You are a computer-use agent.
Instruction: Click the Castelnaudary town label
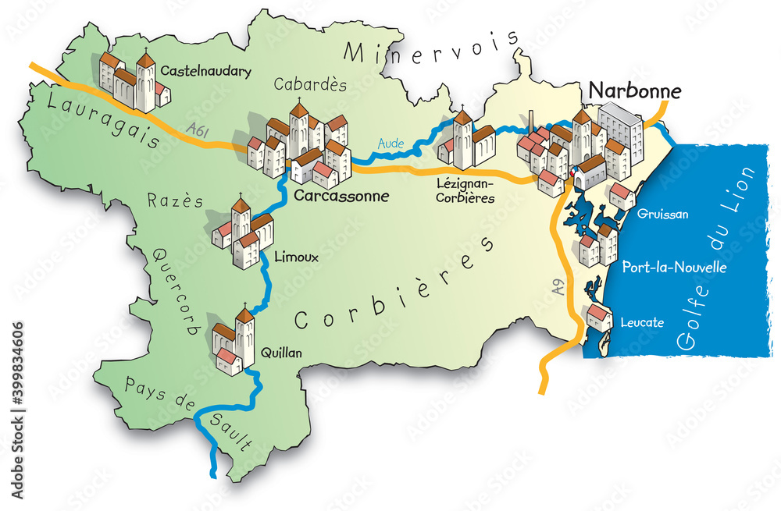pyautogui.click(x=206, y=72)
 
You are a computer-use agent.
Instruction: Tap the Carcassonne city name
pyautogui.click(x=341, y=196)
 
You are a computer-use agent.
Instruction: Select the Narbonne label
pyautogui.click(x=635, y=91)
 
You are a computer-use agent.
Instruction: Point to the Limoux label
pyautogui.click(x=296, y=258)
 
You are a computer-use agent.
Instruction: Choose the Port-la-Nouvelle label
pyautogui.click(x=674, y=268)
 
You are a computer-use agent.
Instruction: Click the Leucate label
pyautogui.click(x=641, y=321)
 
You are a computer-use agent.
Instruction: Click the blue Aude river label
pyautogui.click(x=390, y=144)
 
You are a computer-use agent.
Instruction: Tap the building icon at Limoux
pyautogui.click(x=242, y=233)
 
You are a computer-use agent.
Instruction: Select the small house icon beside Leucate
pyautogui.click(x=600, y=318)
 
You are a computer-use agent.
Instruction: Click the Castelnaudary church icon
pyautogui.click(x=134, y=80)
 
